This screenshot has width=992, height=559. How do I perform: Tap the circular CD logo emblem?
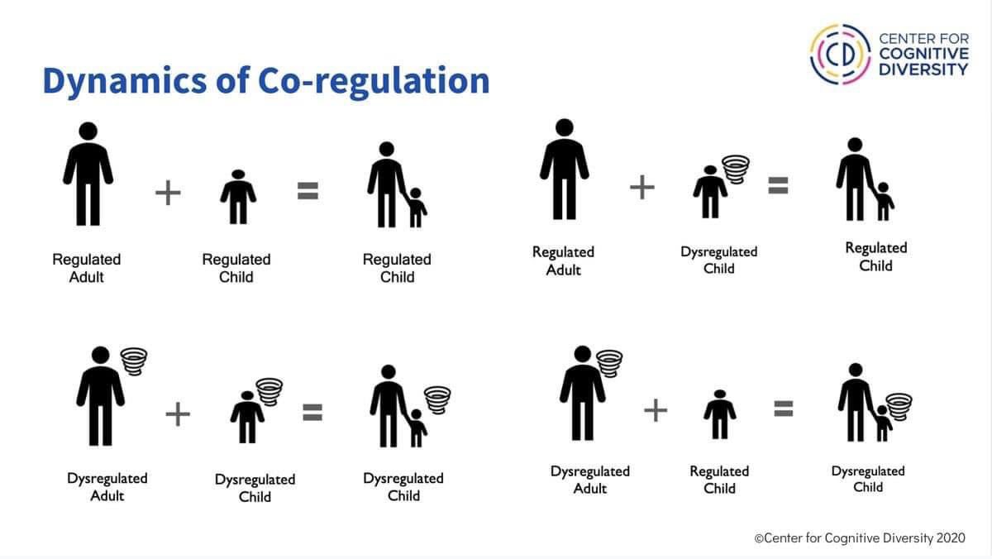click(x=838, y=54)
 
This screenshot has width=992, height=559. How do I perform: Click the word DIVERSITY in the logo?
click(x=923, y=69)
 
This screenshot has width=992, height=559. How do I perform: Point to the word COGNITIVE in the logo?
click(x=923, y=54)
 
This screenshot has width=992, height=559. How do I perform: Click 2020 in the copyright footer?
click(x=950, y=538)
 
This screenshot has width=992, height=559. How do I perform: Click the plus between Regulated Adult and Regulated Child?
click(x=168, y=193)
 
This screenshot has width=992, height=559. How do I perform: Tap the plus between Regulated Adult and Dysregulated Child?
click(x=642, y=188)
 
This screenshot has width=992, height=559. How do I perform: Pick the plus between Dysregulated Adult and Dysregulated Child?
click(x=177, y=413)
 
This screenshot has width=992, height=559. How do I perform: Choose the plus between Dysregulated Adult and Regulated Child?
click(x=655, y=409)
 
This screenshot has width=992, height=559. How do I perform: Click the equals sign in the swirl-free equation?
click(x=308, y=192)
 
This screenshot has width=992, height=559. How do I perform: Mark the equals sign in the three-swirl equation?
click(x=311, y=412)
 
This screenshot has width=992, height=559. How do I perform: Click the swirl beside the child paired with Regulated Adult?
click(x=734, y=168)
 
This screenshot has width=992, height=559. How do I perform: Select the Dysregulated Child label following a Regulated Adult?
click(x=718, y=260)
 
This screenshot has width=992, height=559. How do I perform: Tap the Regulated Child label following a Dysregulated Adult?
click(x=719, y=480)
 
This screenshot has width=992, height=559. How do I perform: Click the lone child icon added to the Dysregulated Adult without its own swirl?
click(x=719, y=414)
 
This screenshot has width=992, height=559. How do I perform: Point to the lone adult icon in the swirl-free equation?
click(x=88, y=174)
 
